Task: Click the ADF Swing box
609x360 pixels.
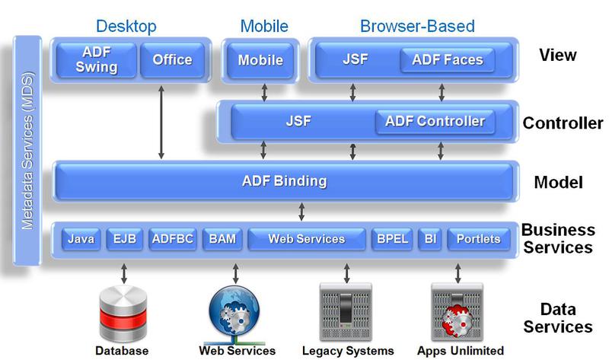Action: point(97,60)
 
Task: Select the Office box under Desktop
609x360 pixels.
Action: point(173,60)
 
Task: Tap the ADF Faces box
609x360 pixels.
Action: point(447,60)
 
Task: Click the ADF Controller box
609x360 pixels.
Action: point(435,121)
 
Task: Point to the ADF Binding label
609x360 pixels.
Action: point(284,181)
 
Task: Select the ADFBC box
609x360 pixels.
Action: point(173,239)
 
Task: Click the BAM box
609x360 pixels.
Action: point(222,239)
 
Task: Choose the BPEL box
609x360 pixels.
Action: point(391,239)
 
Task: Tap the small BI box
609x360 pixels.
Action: point(430,239)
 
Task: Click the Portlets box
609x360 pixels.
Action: point(478,239)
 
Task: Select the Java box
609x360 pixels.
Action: point(81,239)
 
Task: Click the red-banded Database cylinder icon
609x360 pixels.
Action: point(122,314)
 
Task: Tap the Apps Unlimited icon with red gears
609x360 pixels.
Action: point(457,312)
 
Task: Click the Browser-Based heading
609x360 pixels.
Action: point(416,27)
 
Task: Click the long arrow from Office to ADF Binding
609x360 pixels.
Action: point(161,122)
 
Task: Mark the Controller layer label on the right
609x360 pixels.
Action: point(563,123)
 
